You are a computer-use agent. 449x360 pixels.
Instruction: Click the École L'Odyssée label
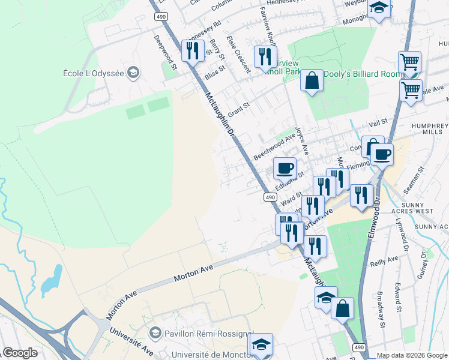point(93,73)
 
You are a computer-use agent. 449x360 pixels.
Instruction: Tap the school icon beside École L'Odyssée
point(133,73)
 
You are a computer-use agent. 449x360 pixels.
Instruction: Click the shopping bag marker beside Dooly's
point(312,81)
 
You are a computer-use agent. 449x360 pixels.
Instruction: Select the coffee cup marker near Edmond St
point(285,168)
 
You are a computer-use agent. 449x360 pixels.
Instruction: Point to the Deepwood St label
point(165,52)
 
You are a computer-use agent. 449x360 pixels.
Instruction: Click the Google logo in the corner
point(20,353)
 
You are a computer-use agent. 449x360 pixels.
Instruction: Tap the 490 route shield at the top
point(160,17)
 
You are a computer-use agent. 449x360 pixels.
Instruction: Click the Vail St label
point(378,123)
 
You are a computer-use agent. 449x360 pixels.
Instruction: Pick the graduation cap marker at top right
point(379,8)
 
